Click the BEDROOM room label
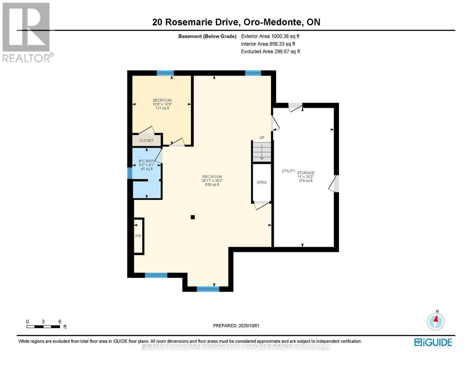click(x=162, y=100)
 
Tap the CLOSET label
click(x=146, y=141)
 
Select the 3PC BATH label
click(x=146, y=161)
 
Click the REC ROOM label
click(x=212, y=177)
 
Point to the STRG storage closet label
click(x=262, y=182)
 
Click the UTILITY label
click(x=288, y=171)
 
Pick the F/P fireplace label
click(x=138, y=236)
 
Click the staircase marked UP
click(x=262, y=152)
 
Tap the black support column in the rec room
click(x=193, y=217)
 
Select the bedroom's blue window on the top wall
click(x=165, y=73)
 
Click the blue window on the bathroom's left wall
click(x=129, y=173)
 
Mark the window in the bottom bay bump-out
click(x=208, y=289)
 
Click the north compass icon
click(x=436, y=321)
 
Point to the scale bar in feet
click(x=43, y=327)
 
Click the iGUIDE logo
click(x=433, y=342)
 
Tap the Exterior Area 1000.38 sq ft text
click(x=270, y=36)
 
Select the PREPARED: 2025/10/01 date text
click(x=236, y=326)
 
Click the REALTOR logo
click(x=27, y=32)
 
